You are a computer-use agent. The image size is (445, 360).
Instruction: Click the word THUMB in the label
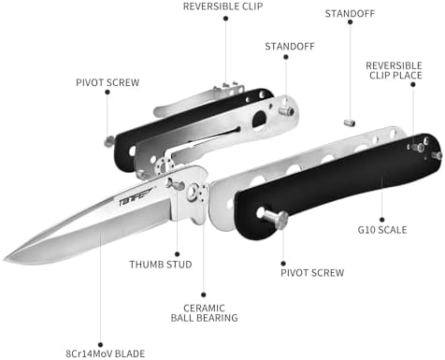(x=145, y=265)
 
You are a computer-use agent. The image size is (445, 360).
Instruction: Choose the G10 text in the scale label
(x=368, y=229)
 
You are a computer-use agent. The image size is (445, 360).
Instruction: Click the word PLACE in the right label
(x=409, y=78)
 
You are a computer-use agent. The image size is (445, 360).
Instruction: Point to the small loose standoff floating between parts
(x=348, y=121)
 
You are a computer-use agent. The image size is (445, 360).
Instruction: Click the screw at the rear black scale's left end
(x=109, y=141)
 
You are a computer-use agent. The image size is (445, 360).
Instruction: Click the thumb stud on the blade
(x=177, y=184)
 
